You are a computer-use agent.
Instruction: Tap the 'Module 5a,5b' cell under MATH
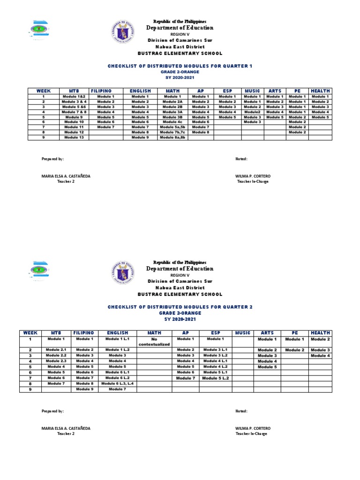pos(172,127)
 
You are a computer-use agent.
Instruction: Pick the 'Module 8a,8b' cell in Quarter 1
pos(172,137)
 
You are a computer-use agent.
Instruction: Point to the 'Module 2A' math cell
pos(172,102)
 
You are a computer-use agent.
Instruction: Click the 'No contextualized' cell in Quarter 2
pos(154,341)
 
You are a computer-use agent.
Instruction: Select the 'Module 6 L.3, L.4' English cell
pos(118,383)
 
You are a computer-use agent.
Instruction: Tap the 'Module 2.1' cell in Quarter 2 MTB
pos(56,350)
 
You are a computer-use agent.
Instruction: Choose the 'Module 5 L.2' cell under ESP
pos(216,378)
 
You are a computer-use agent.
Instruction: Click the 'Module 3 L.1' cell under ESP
pos(216,350)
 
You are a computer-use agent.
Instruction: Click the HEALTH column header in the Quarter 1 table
pos(321,91)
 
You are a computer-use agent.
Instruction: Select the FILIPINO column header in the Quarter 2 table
pos(85,333)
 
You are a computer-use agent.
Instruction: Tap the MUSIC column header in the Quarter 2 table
pos(243,333)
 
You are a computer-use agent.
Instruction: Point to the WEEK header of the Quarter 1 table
pos(43,91)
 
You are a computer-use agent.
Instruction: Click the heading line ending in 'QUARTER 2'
pos(180,307)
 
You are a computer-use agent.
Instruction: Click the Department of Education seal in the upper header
pos(124,33)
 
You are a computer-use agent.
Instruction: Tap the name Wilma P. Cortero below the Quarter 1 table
pos(253,176)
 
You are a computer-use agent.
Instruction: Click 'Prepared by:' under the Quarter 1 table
pos(52,159)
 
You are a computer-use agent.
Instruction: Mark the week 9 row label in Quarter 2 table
pos(30,389)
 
